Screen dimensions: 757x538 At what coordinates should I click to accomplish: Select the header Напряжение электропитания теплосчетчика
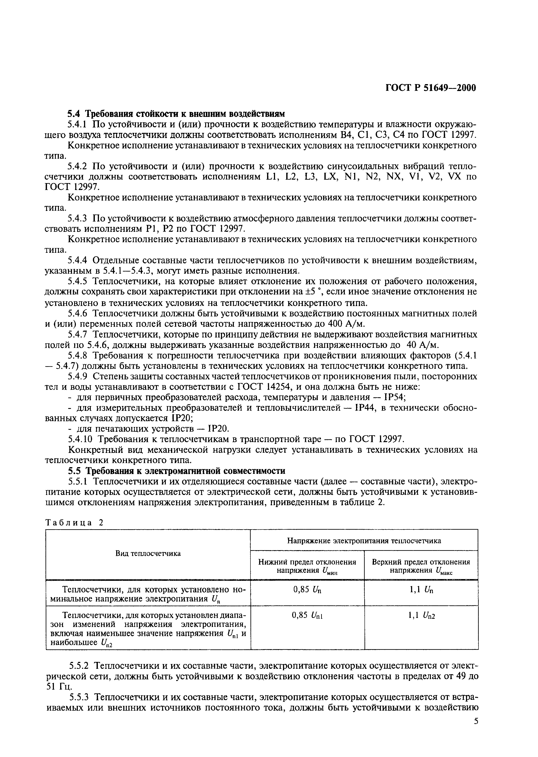(x=364, y=540)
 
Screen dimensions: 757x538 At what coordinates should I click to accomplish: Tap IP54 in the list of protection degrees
(x=395, y=397)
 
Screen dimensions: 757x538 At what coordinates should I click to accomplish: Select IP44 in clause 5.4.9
(x=365, y=408)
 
